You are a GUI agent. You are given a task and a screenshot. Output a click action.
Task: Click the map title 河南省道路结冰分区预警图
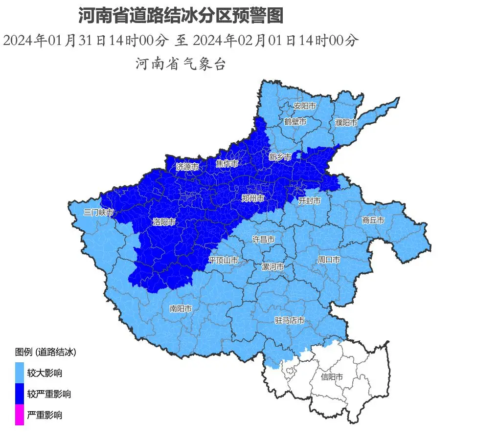click(x=181, y=16)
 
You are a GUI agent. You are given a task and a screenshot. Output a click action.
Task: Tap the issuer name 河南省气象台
click(x=181, y=64)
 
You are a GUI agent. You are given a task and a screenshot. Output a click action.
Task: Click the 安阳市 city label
click(x=304, y=106)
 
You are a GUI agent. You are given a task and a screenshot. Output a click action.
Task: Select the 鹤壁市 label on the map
click(x=295, y=121)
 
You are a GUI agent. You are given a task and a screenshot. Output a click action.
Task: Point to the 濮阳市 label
click(x=346, y=122)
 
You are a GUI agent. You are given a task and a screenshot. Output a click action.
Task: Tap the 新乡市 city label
click(x=280, y=157)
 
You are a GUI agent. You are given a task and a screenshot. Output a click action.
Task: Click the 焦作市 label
click(x=227, y=164)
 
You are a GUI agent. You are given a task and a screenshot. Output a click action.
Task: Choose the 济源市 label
click(x=187, y=167)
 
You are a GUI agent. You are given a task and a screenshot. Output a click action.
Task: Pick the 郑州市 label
click(x=253, y=198)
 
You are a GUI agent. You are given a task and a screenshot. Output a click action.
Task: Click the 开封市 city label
click(x=309, y=200)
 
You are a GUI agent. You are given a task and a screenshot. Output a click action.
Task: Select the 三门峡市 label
click(x=98, y=212)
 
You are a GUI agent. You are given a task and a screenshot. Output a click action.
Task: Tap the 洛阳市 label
click(x=164, y=222)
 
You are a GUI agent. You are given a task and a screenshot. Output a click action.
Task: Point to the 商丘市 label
click(x=373, y=220)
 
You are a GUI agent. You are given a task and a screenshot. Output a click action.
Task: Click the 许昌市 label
click(x=263, y=239)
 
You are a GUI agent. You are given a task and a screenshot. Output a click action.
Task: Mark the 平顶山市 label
click(x=223, y=260)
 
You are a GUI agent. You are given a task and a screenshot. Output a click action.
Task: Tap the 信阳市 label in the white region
click(x=332, y=377)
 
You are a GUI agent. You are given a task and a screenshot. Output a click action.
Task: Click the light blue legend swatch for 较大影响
click(x=20, y=373)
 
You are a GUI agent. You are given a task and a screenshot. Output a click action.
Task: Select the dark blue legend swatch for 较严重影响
click(x=20, y=394)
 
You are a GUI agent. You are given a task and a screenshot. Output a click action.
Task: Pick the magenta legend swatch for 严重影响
click(x=20, y=415)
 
